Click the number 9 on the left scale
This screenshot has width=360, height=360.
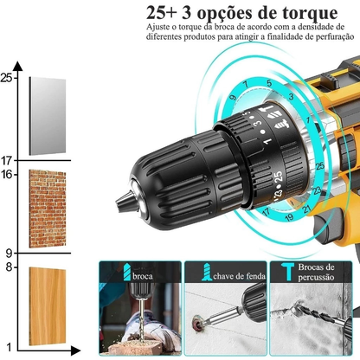(9, 253)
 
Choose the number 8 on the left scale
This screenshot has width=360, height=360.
(9, 267)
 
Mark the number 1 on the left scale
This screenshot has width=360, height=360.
(9, 345)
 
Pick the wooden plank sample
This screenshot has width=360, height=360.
(47, 305)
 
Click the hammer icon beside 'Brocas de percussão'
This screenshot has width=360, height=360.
(285, 274)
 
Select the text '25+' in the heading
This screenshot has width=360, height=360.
(167, 15)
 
